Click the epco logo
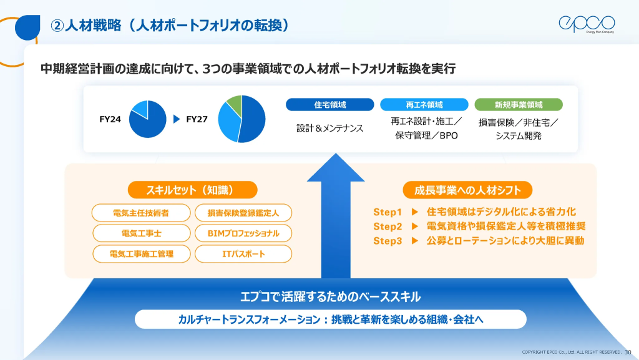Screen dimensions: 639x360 pyautogui.click(x=587, y=24)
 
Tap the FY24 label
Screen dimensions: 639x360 pyautogui.click(x=110, y=119)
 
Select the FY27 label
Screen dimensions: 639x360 pyautogui.click(x=197, y=119)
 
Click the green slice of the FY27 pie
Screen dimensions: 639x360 pyautogui.click(x=235, y=104)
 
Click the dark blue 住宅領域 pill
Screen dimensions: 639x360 pyautogui.click(x=329, y=105)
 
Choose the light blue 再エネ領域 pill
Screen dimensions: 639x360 pyautogui.click(x=424, y=105)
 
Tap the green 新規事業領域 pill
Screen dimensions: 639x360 pyautogui.click(x=519, y=105)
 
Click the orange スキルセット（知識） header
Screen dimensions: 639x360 pyautogui.click(x=192, y=190)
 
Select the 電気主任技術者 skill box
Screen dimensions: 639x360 pyautogui.click(x=141, y=213)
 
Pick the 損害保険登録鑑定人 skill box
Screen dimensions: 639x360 pyautogui.click(x=243, y=213)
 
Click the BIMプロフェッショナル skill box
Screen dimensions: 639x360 pyautogui.click(x=243, y=233)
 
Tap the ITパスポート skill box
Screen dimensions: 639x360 pyautogui.click(x=243, y=254)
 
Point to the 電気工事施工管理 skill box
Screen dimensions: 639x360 pyautogui.click(x=141, y=254)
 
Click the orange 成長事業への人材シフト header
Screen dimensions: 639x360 pyautogui.click(x=467, y=190)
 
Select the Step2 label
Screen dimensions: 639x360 pyautogui.click(x=388, y=226)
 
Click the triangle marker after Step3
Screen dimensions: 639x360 pyautogui.click(x=415, y=241)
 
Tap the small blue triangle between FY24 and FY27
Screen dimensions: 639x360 pyautogui.click(x=177, y=119)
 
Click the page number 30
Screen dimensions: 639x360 pyautogui.click(x=628, y=353)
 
